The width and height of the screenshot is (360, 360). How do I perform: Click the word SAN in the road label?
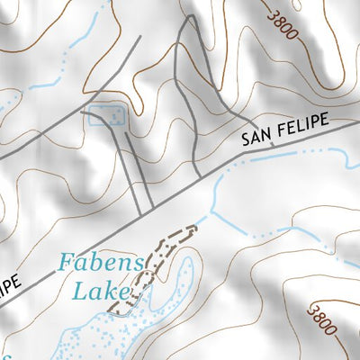click(x=256, y=138)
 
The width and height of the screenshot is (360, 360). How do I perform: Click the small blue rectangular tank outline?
click(x=105, y=114)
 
